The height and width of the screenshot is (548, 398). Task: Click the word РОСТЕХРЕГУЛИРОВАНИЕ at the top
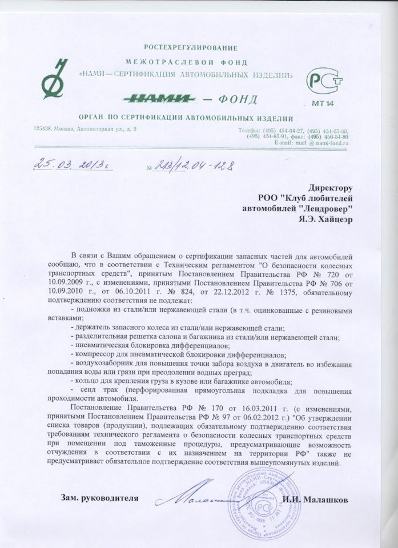[192, 46]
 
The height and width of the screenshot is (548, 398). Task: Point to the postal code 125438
[45, 130]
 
